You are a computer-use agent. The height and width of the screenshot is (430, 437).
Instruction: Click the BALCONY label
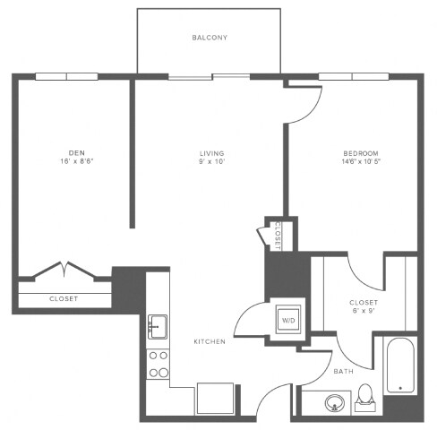[x=210, y=39]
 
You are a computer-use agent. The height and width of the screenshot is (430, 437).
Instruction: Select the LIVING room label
[x=211, y=153]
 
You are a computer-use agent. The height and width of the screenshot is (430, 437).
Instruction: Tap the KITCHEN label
[x=209, y=341]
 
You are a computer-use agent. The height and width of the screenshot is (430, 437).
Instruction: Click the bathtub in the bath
[x=399, y=365]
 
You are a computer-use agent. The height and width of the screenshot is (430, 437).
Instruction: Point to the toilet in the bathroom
[x=364, y=396]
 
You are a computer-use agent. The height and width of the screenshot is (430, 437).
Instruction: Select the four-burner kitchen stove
[x=159, y=363]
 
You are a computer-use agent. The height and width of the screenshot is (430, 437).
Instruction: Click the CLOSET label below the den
[x=63, y=298]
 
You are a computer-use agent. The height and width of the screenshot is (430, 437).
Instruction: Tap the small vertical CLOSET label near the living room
[x=278, y=234]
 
